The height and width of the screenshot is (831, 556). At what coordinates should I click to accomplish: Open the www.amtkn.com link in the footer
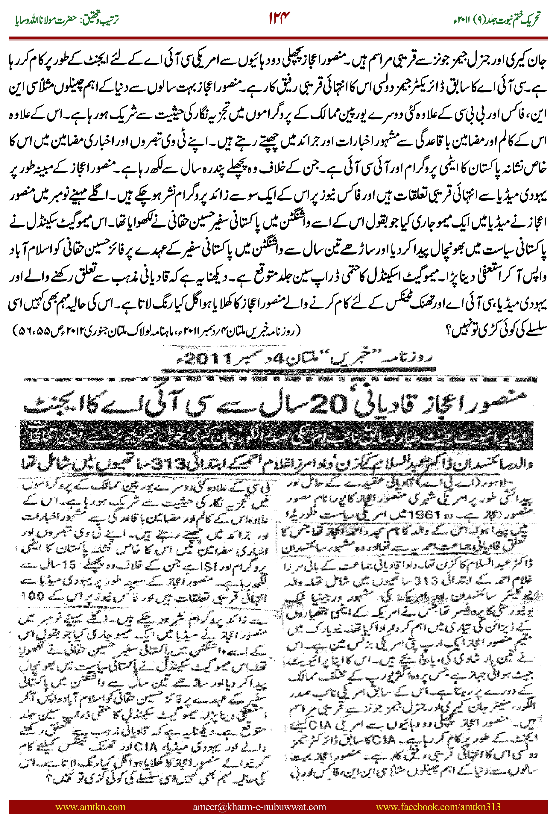point(90,806)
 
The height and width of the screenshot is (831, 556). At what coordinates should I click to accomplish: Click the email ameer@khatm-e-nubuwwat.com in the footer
point(259,806)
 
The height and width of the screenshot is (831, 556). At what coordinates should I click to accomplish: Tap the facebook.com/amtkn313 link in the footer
point(438,806)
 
